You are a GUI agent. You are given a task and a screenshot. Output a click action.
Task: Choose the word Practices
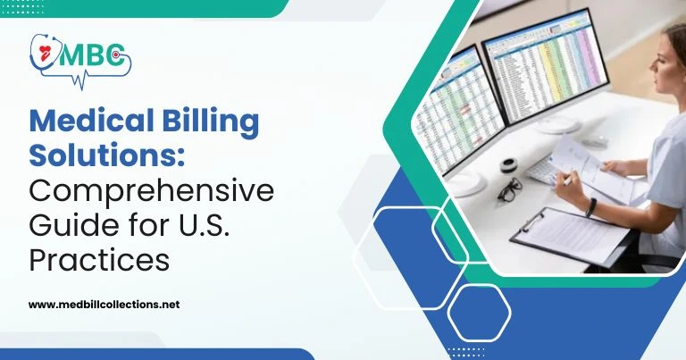pyautogui.click(x=98, y=261)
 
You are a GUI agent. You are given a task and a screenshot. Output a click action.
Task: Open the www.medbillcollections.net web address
pyautogui.click(x=104, y=304)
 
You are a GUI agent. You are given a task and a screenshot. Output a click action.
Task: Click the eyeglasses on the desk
pyautogui.click(x=510, y=189)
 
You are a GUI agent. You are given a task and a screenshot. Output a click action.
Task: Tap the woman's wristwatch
pyautogui.click(x=590, y=207)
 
